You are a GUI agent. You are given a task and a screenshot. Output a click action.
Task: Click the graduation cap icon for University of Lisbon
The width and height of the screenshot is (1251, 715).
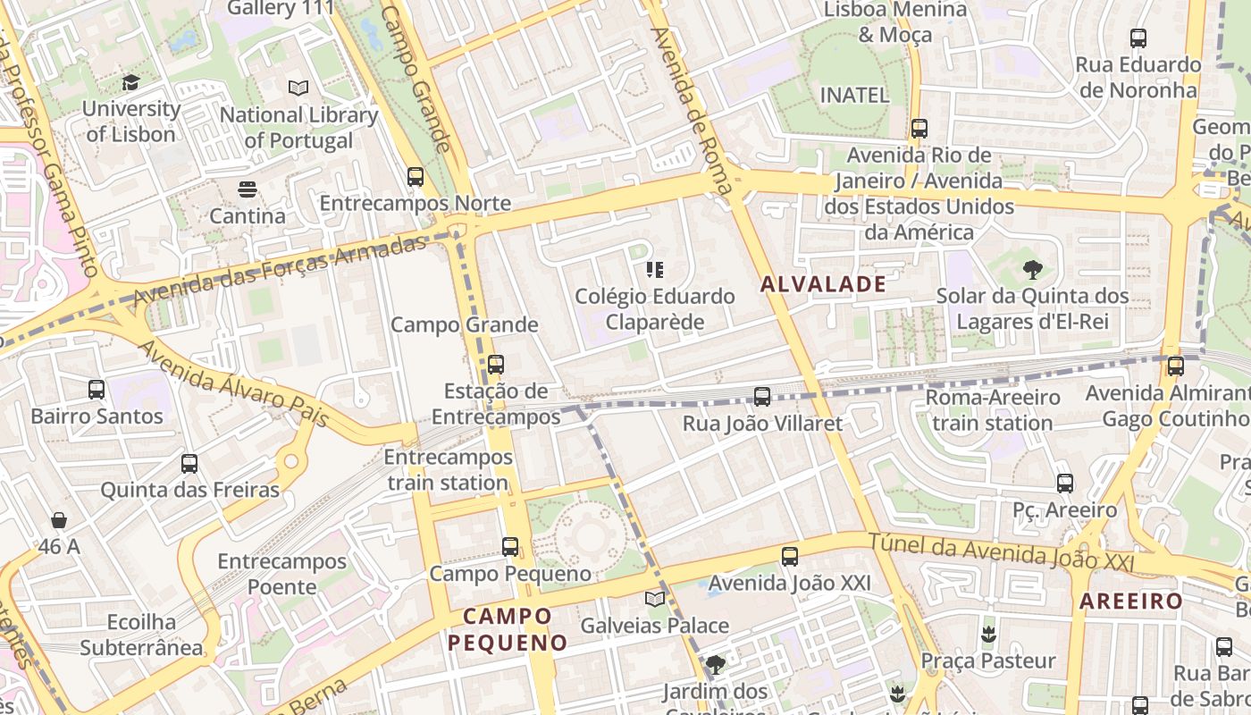pos(131,82)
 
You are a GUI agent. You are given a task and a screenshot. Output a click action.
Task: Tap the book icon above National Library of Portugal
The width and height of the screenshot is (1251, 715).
pos(298,88)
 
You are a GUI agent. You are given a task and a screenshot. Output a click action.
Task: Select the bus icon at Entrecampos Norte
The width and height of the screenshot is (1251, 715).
pos(415,176)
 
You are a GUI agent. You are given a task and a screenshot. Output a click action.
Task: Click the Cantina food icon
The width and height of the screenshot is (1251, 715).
pos(248,189)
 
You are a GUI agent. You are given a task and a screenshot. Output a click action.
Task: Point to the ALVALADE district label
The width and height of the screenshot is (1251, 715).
pos(823,284)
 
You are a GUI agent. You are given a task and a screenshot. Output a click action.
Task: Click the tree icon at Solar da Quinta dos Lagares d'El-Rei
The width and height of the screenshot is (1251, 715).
pos(1032,269)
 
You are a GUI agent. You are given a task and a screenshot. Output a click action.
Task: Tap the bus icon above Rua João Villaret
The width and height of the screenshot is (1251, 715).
pos(762,396)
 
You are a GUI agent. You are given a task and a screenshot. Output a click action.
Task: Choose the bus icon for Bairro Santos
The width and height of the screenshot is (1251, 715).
pos(97,390)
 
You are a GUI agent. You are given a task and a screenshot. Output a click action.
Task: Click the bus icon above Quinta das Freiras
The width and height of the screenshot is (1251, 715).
pos(189,463)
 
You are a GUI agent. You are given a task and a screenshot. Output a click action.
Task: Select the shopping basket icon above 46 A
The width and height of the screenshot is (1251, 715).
pos(59,519)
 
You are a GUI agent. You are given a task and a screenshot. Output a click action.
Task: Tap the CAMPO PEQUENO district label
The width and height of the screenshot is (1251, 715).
pos(508,629)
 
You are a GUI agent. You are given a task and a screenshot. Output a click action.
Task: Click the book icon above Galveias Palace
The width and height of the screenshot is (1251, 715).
pos(655,599)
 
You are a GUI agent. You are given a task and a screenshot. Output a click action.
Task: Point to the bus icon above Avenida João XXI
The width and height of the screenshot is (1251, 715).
pos(790,557)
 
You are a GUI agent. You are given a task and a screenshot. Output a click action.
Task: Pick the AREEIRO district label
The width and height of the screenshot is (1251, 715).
pos(1131,601)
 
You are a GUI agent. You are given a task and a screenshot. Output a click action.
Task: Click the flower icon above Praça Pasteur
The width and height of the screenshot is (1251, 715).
pos(988,635)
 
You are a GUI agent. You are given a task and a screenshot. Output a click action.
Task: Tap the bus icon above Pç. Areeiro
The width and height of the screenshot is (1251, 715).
pos(1064,483)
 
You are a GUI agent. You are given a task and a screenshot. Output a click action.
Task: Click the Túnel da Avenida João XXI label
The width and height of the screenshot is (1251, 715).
pos(1001,551)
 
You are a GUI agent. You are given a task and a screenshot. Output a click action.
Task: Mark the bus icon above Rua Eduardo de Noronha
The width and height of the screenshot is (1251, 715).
pos(1138,38)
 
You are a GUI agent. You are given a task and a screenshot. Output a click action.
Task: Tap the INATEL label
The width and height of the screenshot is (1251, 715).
pos(854,95)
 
